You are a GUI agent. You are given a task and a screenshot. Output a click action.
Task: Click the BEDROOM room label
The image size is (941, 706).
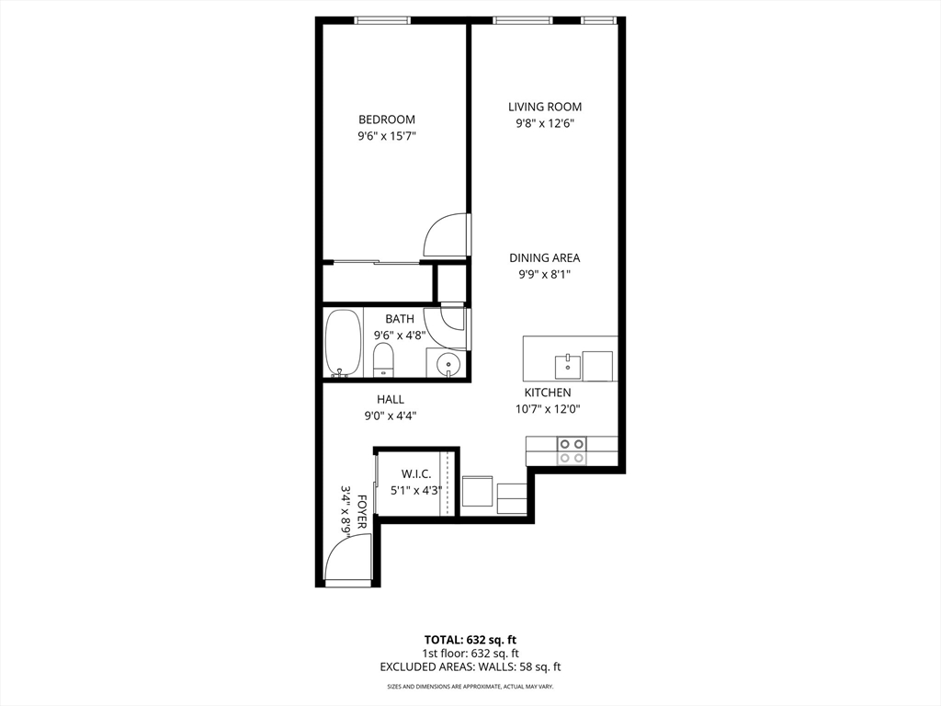(x=387, y=120)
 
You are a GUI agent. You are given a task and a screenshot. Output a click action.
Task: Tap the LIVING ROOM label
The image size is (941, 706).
(x=545, y=107)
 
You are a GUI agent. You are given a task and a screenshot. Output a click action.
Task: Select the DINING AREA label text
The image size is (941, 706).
(x=545, y=258)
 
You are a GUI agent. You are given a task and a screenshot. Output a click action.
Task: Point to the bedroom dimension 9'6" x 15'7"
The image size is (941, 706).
(x=387, y=136)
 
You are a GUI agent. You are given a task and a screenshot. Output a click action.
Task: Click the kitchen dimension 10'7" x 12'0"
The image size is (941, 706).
(x=548, y=409)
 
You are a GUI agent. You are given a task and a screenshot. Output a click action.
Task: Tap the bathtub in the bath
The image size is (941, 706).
(x=344, y=344)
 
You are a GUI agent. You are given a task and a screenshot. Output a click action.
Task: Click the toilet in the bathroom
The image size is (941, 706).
(x=383, y=360)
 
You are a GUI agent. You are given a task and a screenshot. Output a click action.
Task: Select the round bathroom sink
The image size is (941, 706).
(x=447, y=364)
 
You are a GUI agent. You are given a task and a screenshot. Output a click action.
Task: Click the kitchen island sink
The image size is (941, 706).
(x=567, y=366)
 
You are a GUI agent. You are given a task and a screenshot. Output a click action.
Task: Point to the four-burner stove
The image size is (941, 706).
(x=572, y=450)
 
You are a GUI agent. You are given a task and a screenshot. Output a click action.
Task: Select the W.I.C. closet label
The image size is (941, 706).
(x=416, y=474)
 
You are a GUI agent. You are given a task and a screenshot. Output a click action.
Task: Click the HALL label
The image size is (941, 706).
(x=390, y=399)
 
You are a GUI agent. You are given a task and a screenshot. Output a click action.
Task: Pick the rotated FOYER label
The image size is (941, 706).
(x=361, y=511)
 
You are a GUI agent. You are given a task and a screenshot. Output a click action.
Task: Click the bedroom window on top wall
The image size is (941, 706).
(x=383, y=20)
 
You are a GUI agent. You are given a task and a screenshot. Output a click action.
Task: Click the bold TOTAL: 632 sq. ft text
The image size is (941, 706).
(x=470, y=640)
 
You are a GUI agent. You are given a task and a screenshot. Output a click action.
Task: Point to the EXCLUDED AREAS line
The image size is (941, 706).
(x=470, y=666)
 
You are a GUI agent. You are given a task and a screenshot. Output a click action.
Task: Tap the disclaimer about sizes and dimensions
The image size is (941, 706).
(x=470, y=686)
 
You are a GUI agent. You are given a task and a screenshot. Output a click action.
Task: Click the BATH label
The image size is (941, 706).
(x=400, y=319)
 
